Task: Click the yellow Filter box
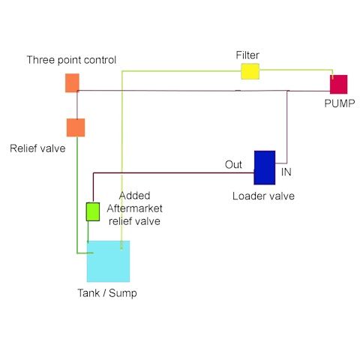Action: [250, 71]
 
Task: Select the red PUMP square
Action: [338, 84]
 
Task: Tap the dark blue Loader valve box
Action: [265, 167]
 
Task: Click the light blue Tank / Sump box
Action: [108, 261]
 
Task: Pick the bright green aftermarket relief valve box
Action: [93, 211]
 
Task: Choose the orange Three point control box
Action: [72, 82]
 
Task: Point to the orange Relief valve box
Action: [76, 127]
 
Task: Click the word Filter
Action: [247, 55]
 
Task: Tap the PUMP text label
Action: [340, 103]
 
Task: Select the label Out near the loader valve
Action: [233, 164]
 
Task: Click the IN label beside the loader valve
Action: [286, 172]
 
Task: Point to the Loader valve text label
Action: [263, 196]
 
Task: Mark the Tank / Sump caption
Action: [107, 293]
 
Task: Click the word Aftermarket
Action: [134, 208]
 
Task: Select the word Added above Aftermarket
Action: [135, 196]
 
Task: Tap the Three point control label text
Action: [71, 60]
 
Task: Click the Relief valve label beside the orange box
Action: [37, 148]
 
